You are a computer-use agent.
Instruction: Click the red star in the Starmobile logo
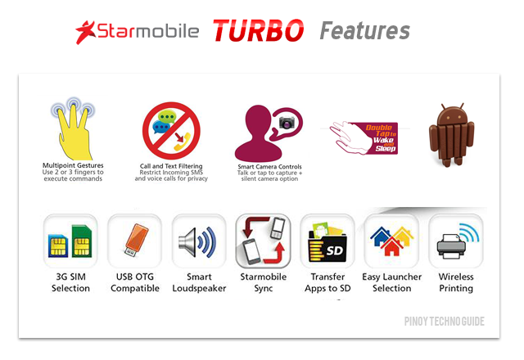[86, 32]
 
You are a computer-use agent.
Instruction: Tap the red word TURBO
[259, 30]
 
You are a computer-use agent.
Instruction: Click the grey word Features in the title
[364, 31]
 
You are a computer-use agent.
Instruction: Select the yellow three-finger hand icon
[73, 129]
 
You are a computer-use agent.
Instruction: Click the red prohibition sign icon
[171, 131]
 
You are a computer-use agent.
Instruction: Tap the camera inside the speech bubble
[287, 123]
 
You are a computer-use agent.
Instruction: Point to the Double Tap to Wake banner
[364, 138]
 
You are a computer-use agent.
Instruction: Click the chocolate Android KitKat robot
[451, 134]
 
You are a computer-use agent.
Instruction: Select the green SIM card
[82, 241]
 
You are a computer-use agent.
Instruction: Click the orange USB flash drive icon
[136, 240]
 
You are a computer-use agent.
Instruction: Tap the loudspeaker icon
[197, 242]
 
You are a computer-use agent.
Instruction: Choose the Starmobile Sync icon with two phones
[264, 241]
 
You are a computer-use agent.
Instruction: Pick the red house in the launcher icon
[391, 247]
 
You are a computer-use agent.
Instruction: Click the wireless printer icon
[458, 241]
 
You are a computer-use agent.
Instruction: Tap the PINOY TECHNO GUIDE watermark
[444, 322]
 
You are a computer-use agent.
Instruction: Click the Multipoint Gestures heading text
[73, 165]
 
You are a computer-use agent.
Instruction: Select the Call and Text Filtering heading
[171, 166]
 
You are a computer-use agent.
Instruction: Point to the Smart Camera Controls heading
[269, 167]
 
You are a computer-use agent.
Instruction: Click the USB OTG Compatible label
[135, 282]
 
